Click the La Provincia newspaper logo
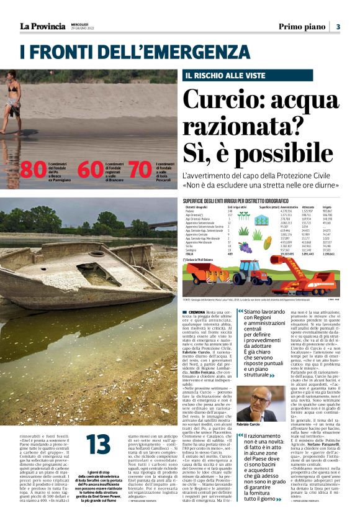coord(42,26)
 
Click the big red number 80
coord(33,169)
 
